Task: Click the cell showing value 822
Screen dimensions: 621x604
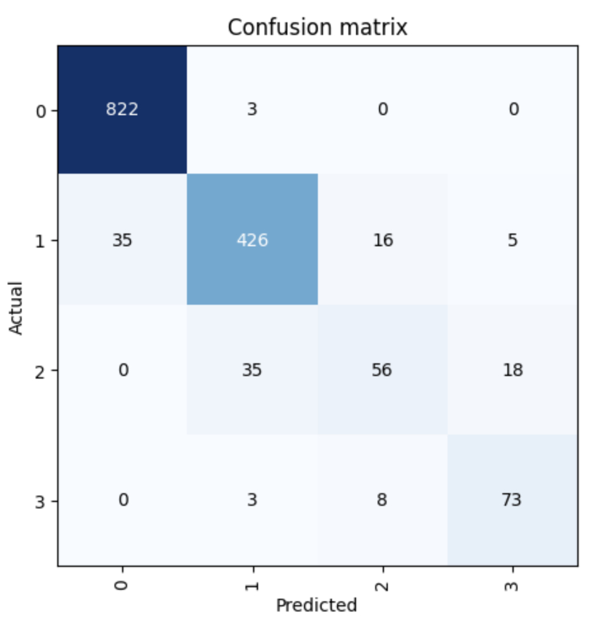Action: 122,109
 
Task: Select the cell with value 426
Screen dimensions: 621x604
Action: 252,240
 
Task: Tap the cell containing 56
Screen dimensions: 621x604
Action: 382,370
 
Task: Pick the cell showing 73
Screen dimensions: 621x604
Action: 512,499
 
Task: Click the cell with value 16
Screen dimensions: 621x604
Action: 382,240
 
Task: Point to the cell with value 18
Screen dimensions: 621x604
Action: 512,370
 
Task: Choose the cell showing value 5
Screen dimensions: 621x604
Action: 512,240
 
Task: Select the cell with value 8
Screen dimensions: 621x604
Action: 382,499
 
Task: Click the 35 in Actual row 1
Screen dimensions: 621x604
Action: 122,240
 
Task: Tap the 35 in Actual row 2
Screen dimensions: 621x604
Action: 252,370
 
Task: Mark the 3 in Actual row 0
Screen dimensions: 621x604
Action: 252,109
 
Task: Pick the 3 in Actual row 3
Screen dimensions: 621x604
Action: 252,499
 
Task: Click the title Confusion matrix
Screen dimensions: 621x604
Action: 317,27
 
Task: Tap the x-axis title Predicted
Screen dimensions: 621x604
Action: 317,604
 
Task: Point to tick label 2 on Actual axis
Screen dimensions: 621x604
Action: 41,370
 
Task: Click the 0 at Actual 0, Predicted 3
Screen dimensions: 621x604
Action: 512,109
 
